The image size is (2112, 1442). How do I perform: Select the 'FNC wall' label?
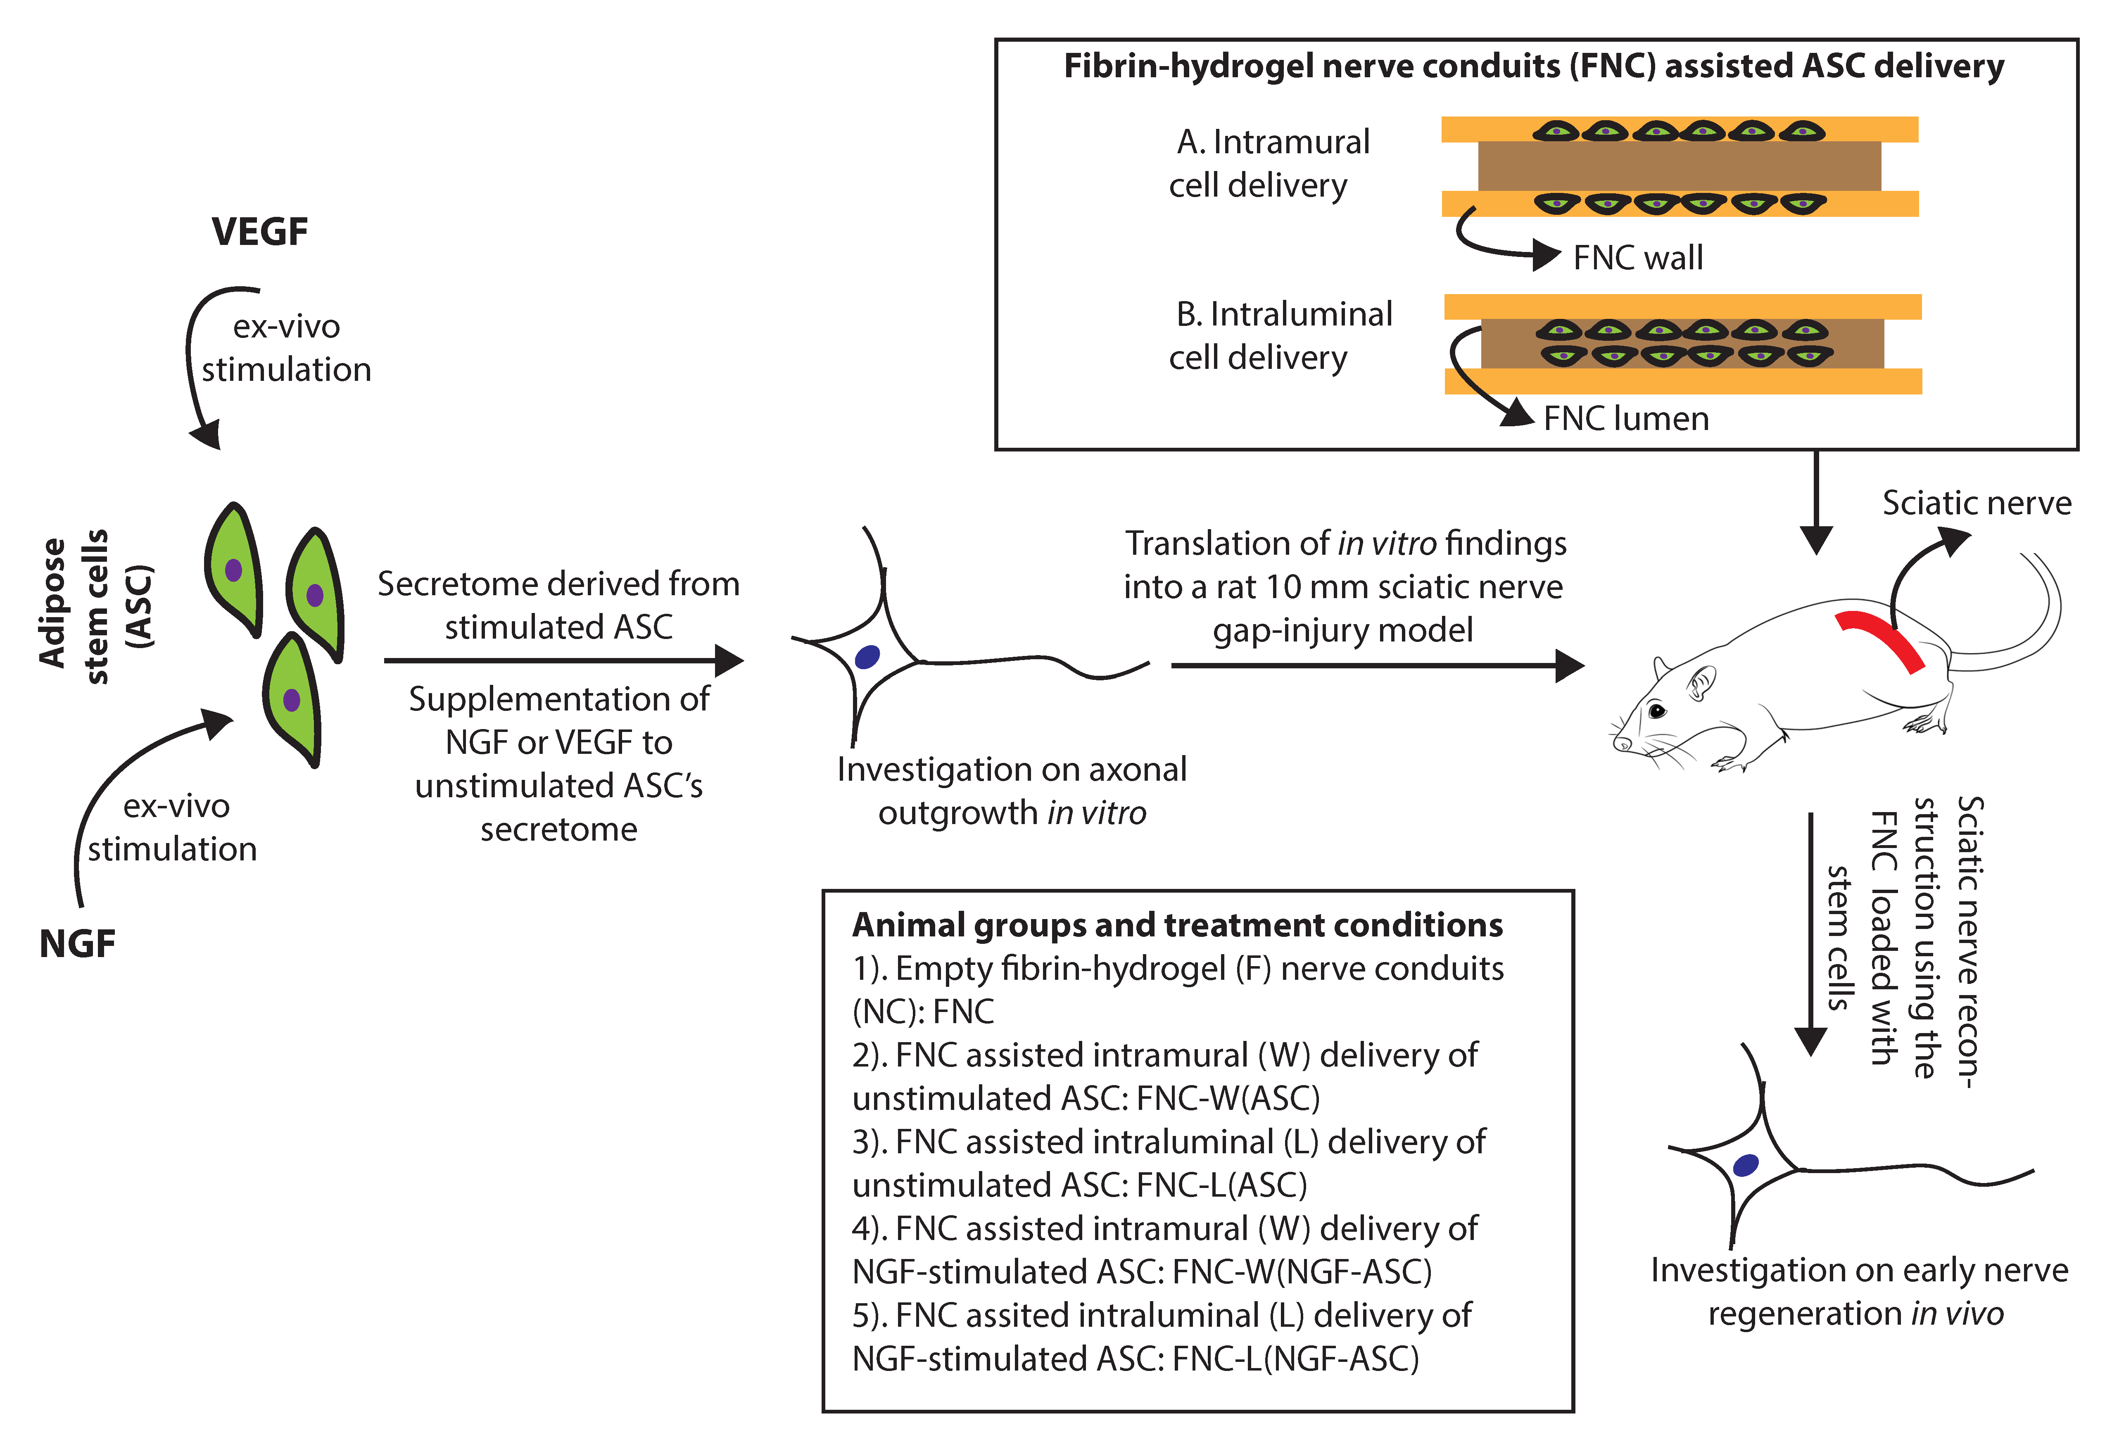[x=1638, y=258]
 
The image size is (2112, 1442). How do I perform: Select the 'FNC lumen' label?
[x=1626, y=419]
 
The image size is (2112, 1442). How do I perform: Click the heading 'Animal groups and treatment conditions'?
[x=1177, y=925]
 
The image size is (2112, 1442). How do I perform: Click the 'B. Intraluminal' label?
[x=1283, y=314]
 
